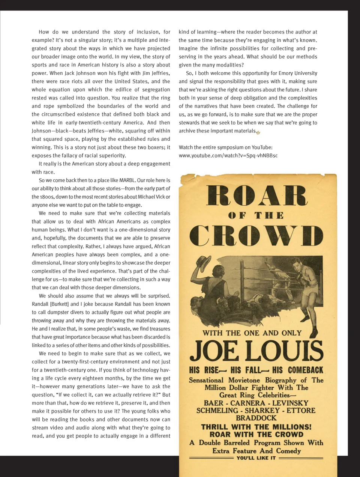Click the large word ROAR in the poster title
(x=257, y=196)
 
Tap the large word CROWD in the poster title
(x=256, y=236)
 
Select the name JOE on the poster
(x=214, y=351)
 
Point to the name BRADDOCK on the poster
(x=256, y=418)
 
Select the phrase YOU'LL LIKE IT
(x=256, y=458)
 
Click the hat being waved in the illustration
(x=203, y=265)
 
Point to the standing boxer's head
(x=297, y=264)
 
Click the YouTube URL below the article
(x=228, y=156)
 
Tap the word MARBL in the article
(x=127, y=180)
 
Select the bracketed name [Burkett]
(x=60, y=304)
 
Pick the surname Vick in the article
(x=160, y=197)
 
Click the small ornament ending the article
(x=258, y=132)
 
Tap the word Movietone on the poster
(x=244, y=380)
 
